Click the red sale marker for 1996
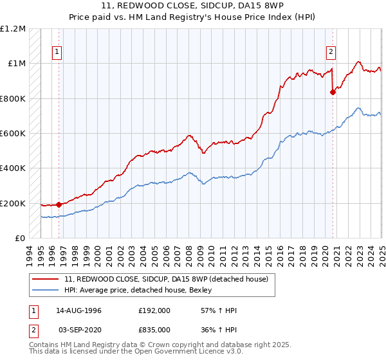(x=59, y=204)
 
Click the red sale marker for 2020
(x=333, y=92)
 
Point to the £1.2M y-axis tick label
(x=13, y=29)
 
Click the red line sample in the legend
(x=46, y=278)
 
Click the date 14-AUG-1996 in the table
(x=79, y=310)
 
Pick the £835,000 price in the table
(x=155, y=329)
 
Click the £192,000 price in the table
(x=155, y=310)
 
